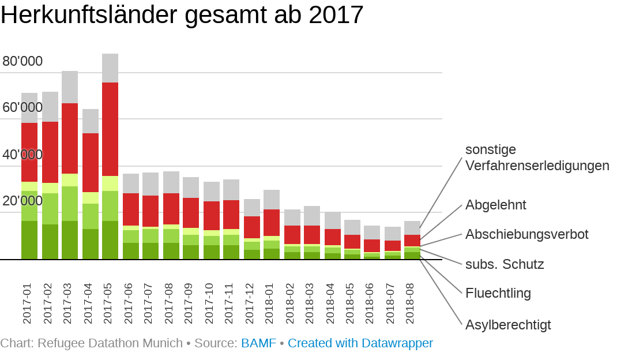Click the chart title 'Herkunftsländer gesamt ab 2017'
(182, 15)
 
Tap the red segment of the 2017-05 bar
(110, 129)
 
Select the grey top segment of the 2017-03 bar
(70, 87)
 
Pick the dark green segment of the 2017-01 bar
(29, 240)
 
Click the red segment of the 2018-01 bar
(272, 223)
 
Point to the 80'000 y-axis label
(22, 61)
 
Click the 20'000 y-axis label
(22, 201)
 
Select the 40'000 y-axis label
(22, 155)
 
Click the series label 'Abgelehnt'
(495, 205)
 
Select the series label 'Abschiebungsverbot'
(526, 234)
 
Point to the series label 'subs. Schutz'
(505, 264)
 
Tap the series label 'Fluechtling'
(498, 293)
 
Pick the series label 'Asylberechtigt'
(508, 325)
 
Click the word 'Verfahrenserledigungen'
(537, 166)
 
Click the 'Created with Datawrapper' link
(360, 343)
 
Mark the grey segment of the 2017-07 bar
(151, 184)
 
